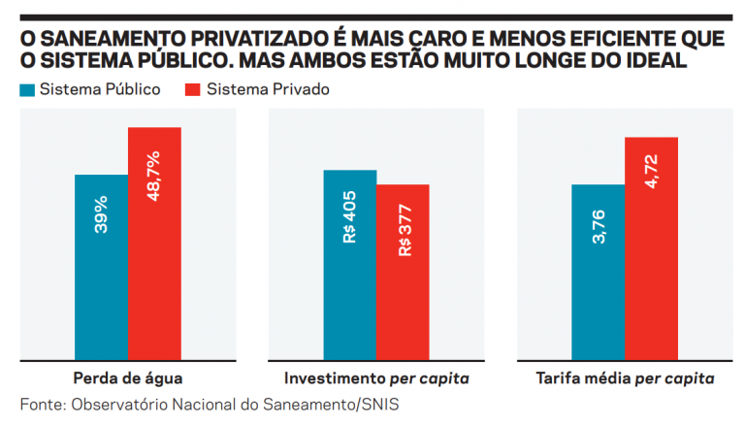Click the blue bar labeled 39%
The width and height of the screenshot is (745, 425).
(x=101, y=267)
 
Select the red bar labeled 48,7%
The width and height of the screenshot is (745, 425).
(x=154, y=243)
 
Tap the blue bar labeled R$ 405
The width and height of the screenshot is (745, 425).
(x=350, y=264)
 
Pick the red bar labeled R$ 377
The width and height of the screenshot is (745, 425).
(x=403, y=272)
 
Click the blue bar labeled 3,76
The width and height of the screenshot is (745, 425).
(x=599, y=272)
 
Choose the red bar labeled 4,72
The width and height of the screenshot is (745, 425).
(x=651, y=247)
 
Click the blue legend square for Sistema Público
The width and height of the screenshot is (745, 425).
(x=27, y=89)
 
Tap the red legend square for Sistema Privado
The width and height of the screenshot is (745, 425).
(x=191, y=89)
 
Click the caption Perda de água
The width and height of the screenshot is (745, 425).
(x=127, y=376)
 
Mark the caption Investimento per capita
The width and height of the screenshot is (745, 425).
(x=375, y=376)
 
